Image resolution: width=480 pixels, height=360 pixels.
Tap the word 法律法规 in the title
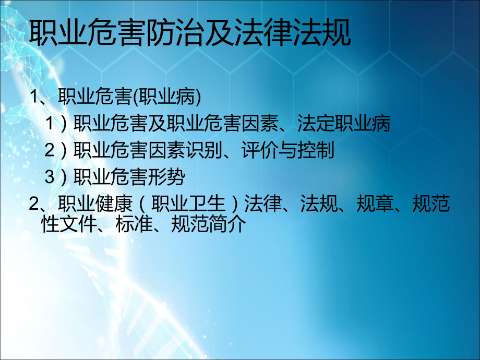pyautogui.click(x=293, y=32)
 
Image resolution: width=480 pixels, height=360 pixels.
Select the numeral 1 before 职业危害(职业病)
pyautogui.click(x=34, y=97)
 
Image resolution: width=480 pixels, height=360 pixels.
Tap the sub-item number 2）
pyautogui.click(x=56, y=150)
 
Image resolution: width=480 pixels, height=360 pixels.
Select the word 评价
pyautogui.click(x=260, y=150)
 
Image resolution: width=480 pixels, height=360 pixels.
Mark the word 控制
pyautogui.click(x=316, y=150)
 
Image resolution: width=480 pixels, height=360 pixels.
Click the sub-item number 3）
pyautogui.click(x=56, y=177)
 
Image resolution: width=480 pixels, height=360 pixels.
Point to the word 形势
pyautogui.click(x=167, y=177)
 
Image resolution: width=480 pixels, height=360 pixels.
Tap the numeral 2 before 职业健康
pyautogui.click(x=33, y=203)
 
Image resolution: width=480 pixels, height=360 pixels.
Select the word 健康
pyautogui.click(x=114, y=203)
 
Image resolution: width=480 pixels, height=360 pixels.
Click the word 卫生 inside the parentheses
pyautogui.click(x=207, y=203)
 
